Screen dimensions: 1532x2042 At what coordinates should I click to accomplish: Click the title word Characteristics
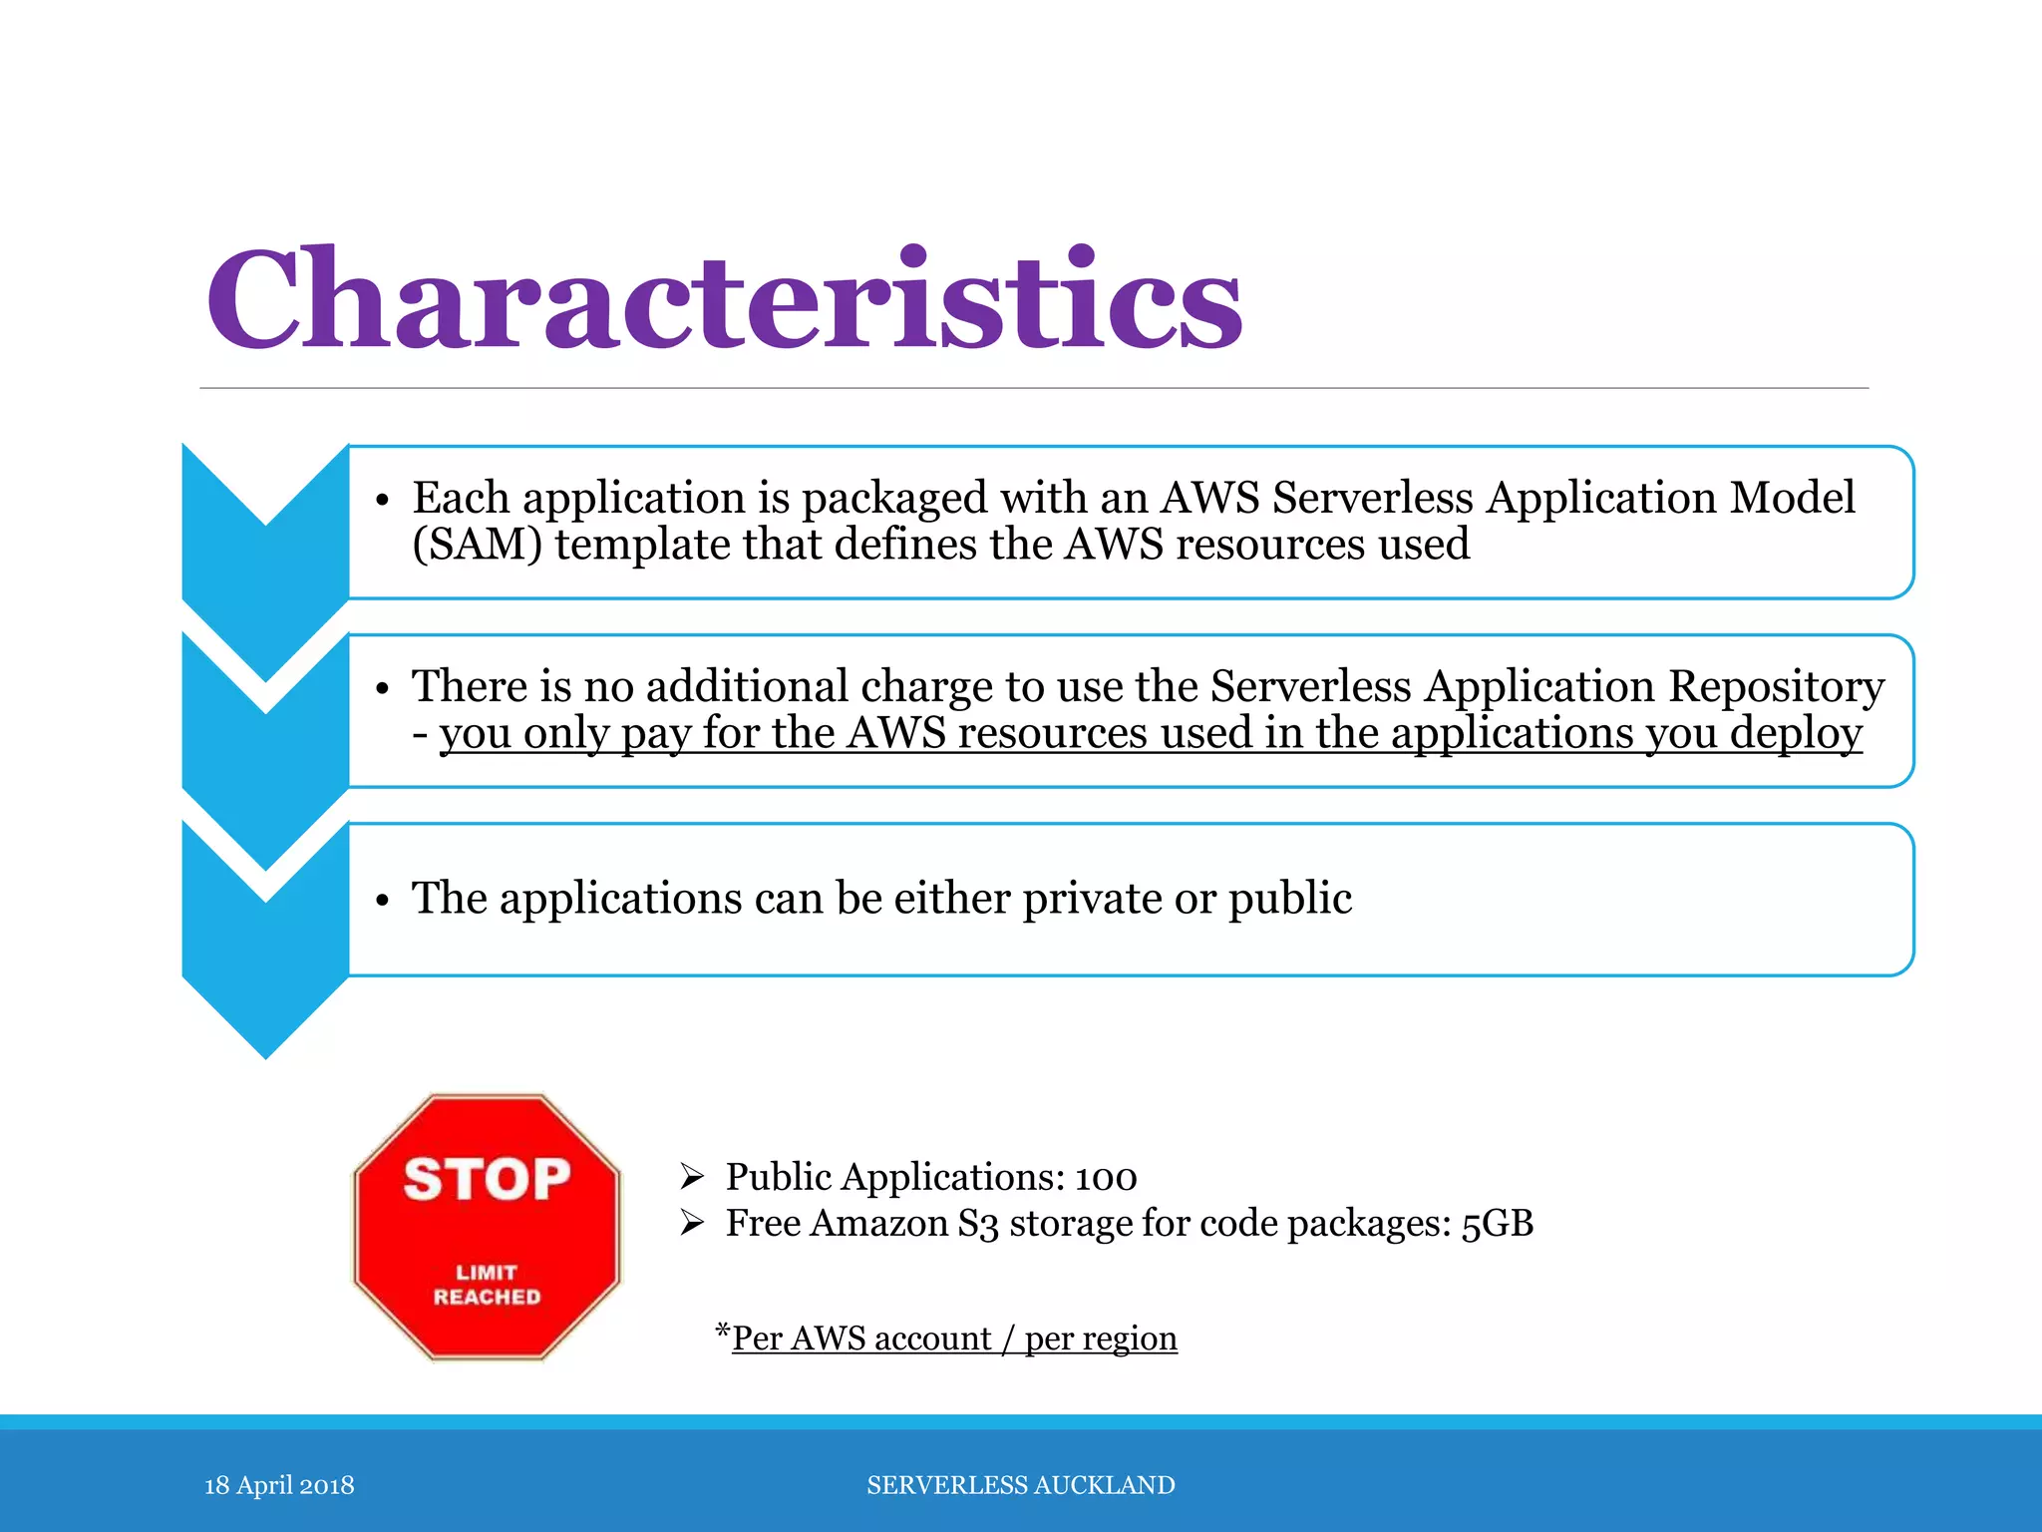pyautogui.click(x=724, y=299)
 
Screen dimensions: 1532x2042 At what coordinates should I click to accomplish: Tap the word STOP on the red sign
pyautogui.click(x=487, y=1179)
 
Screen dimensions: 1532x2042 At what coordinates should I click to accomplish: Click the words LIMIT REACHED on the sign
pyautogui.click(x=487, y=1285)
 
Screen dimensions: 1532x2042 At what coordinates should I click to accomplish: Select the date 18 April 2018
pyautogui.click(x=279, y=1485)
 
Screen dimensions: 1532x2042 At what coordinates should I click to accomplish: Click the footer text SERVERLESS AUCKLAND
pyautogui.click(x=1021, y=1485)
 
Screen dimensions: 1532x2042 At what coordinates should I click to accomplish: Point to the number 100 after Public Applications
pyautogui.click(x=1106, y=1178)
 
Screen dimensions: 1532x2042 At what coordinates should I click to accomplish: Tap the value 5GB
pyautogui.click(x=1497, y=1224)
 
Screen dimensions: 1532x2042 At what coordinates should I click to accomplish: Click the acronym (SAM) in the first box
pyautogui.click(x=478, y=545)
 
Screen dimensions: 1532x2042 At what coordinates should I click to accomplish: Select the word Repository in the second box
pyautogui.click(x=1776, y=686)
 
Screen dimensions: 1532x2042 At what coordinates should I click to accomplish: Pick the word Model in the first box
pyautogui.click(x=1792, y=498)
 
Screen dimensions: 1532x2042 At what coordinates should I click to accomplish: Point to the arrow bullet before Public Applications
pyautogui.click(x=692, y=1177)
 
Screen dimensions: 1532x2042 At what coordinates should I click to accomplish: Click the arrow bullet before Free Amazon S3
pyautogui.click(x=692, y=1223)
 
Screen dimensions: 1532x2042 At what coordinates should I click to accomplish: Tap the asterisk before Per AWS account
pyautogui.click(x=723, y=1332)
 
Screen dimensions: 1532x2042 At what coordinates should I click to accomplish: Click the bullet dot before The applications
pyautogui.click(x=382, y=901)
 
